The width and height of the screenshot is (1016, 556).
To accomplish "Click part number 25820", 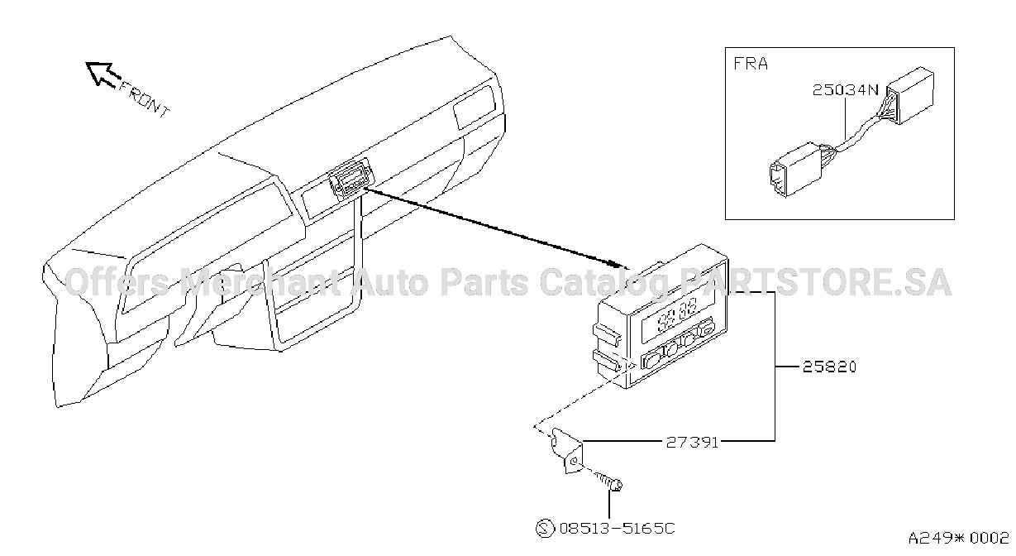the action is (829, 367).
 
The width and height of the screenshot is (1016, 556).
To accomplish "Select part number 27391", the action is (692, 442).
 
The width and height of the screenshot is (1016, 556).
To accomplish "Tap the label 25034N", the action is (846, 90).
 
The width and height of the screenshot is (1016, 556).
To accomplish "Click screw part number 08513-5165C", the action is (618, 529).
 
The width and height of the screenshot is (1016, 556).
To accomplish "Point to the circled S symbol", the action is (545, 529).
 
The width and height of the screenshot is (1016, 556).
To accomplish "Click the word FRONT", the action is (144, 99).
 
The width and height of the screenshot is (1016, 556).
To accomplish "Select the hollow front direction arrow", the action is (103, 74).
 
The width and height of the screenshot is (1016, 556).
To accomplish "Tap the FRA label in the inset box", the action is (751, 64).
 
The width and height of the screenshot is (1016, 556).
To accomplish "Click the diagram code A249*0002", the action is (958, 538).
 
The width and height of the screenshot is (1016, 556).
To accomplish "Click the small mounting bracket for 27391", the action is (566, 450).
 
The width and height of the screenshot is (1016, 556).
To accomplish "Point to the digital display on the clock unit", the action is (677, 314).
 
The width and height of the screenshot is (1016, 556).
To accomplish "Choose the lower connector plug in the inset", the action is (796, 170).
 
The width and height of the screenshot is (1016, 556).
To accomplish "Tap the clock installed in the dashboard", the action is (351, 179).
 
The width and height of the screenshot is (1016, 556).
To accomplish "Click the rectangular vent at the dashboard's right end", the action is (475, 107).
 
